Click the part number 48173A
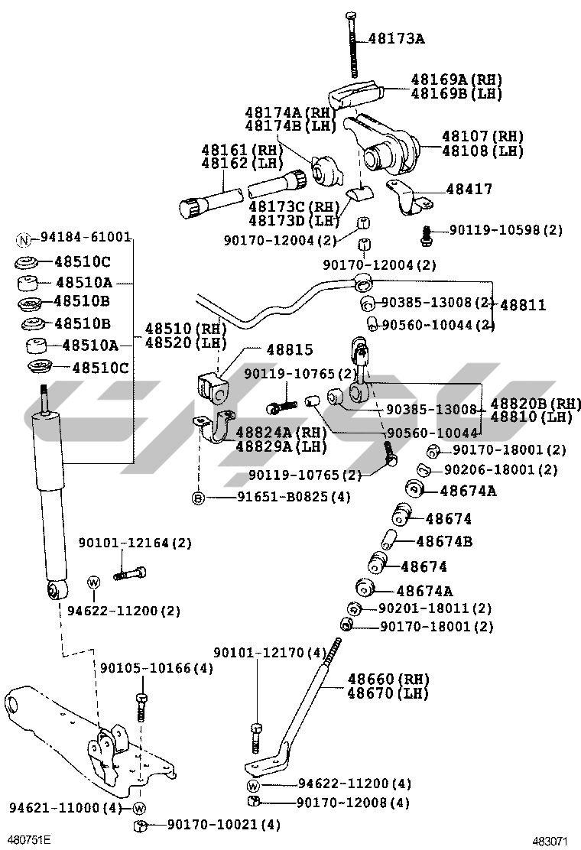point(395,37)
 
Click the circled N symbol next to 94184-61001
point(23,238)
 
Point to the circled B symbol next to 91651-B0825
point(198,498)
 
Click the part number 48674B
point(444,542)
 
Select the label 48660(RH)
point(388,679)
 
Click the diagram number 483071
point(550,841)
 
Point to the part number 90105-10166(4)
point(157,667)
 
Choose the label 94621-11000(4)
point(66,808)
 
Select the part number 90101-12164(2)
point(135,543)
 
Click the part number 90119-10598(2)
point(505,229)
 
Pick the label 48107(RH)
point(482,137)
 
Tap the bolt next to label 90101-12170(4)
point(256,737)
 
